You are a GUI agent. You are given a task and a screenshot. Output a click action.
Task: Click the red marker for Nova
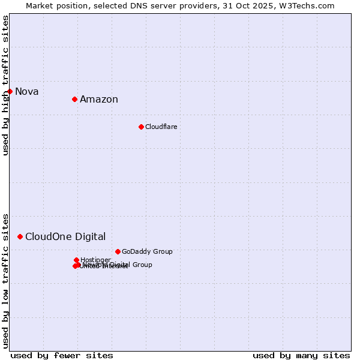10,91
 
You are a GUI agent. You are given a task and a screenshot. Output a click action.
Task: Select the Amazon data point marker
74,99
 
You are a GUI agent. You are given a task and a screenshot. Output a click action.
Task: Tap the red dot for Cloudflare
141,127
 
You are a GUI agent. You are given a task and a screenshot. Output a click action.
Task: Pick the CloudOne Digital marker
20,237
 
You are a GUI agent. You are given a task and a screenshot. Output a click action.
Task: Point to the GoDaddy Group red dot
118,251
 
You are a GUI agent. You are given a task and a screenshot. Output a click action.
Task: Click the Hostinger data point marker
77,260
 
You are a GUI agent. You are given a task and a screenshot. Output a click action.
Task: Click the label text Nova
27,92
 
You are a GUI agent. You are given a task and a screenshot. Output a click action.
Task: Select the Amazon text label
99,100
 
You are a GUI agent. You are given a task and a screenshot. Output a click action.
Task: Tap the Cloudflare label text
161,127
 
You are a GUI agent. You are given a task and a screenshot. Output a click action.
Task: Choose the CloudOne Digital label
65,237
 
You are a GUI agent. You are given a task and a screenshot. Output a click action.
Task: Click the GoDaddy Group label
147,252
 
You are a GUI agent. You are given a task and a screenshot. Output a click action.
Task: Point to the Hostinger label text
96,260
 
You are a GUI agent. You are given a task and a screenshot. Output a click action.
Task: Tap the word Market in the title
40,5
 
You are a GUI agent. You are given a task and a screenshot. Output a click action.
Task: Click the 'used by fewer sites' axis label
62,355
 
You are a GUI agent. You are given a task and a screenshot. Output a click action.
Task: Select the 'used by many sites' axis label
301,355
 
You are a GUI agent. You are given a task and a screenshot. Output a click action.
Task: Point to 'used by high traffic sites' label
6,86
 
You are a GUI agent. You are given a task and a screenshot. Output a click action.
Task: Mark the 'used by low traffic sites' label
6,281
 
